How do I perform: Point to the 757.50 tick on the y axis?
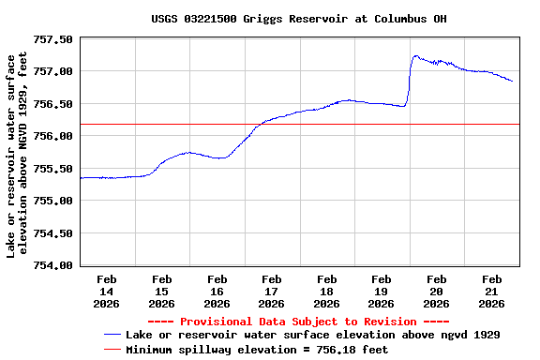[54, 39]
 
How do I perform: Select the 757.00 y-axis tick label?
[54, 71]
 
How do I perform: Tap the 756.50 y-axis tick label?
[54, 104]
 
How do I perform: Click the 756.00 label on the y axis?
[54, 136]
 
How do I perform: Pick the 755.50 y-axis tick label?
[54, 169]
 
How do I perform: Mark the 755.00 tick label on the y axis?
[54, 201]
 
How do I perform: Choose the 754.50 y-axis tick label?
[54, 233]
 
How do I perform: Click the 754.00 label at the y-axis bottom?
[54, 265]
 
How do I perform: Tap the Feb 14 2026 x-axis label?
[107, 291]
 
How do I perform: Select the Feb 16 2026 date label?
[217, 291]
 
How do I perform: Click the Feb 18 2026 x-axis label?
[326, 291]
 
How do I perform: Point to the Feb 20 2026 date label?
[437, 291]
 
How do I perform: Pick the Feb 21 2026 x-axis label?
[492, 291]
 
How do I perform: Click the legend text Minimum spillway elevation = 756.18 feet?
[257, 349]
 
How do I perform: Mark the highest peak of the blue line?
[415, 55]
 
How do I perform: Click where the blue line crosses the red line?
[256, 124]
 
